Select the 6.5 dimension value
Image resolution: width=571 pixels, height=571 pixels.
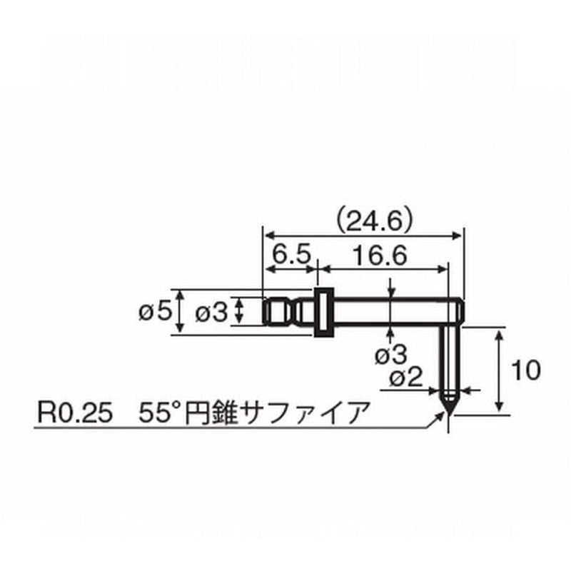[289, 254]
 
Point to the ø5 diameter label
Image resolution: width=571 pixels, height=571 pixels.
[155, 311]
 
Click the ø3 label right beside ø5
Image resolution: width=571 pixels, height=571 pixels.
[211, 311]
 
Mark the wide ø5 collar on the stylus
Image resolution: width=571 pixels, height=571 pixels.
[325, 311]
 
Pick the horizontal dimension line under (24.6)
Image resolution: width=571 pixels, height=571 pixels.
[364, 235]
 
